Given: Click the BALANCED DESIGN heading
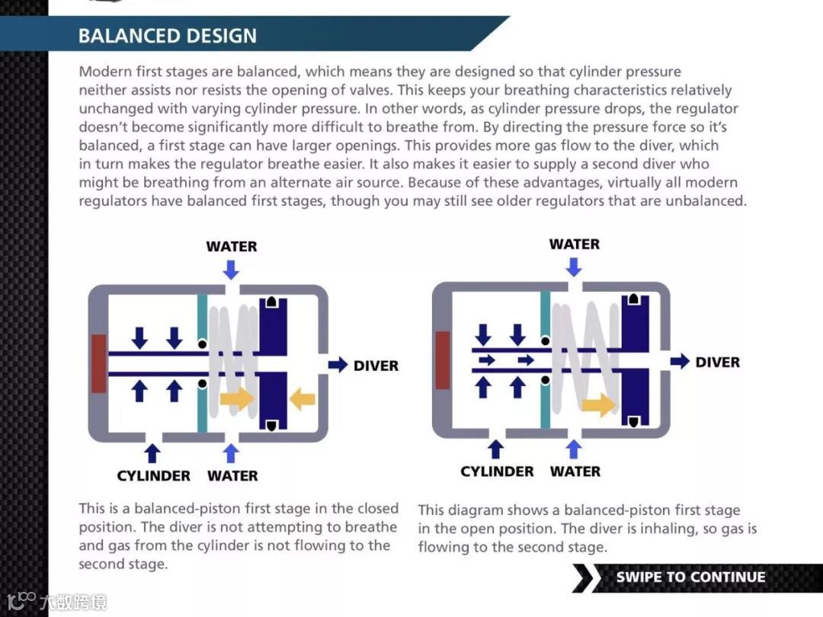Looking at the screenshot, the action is [167, 36].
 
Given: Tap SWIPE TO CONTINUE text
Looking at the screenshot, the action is [690, 577].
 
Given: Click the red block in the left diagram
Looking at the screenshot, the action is [98, 363].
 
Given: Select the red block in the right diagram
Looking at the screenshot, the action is [442, 360].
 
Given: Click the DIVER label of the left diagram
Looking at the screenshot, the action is [376, 366].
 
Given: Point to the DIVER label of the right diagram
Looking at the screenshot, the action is [717, 362].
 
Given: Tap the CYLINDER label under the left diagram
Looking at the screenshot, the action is [153, 475].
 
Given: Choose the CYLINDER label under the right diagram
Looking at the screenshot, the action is [497, 472].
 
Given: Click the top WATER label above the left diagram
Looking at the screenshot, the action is [232, 246].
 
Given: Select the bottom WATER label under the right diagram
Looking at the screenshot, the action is [575, 472].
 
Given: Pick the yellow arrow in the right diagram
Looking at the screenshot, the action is [599, 403].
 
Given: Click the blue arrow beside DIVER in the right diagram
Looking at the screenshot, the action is [680, 361].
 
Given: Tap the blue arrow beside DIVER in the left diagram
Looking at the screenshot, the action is [338, 365].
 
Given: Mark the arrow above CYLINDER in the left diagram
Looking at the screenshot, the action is [152, 452].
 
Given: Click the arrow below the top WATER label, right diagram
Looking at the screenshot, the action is [574, 267].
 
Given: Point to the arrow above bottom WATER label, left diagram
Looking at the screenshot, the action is [231, 452].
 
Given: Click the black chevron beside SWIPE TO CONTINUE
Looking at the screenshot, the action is [583, 577].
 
